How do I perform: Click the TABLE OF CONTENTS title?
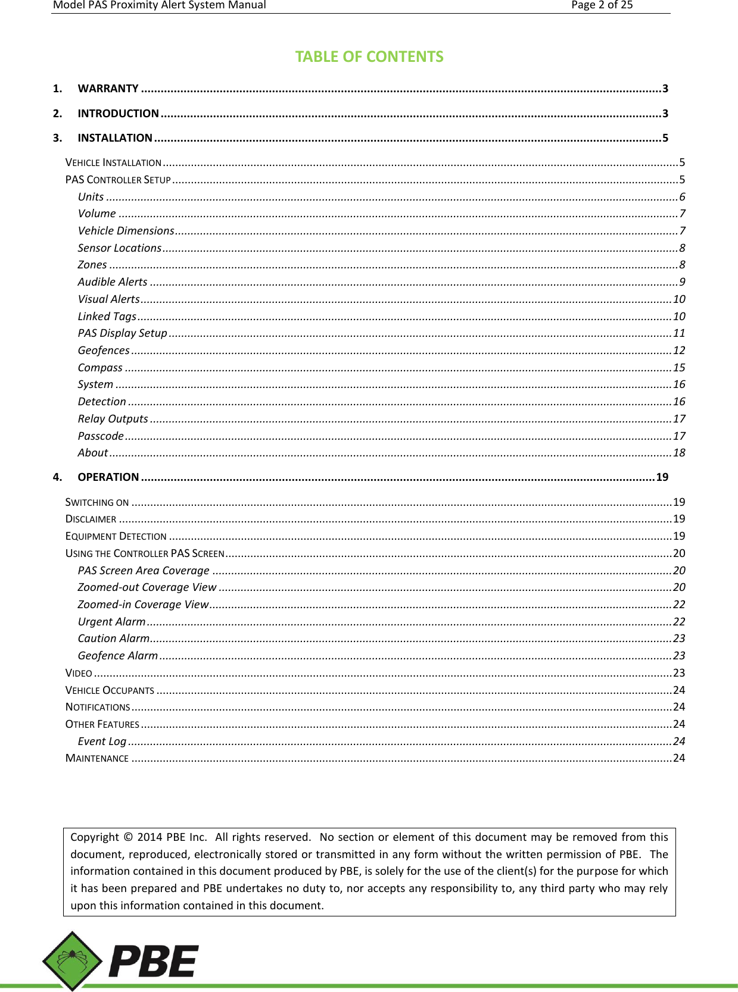click(x=369, y=57)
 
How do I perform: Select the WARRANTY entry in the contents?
click(x=108, y=89)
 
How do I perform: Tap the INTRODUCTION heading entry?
click(x=118, y=114)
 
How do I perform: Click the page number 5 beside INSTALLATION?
click(x=665, y=138)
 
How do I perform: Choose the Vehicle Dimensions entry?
click(x=126, y=231)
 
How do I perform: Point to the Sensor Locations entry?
click(x=119, y=248)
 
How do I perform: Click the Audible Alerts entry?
click(x=113, y=282)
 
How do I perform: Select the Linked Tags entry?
click(x=107, y=317)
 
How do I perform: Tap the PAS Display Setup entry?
click(x=122, y=333)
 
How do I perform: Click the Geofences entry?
click(x=104, y=351)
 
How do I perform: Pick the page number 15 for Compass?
click(x=679, y=368)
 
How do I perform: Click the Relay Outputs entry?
click(x=113, y=419)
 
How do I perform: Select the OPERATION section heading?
click(x=108, y=477)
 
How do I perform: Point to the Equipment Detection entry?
click(x=116, y=536)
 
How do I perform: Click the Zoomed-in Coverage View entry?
click(x=143, y=605)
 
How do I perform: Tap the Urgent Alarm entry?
click(x=111, y=622)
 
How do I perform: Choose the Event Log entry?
click(x=102, y=741)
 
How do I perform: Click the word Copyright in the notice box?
click(x=94, y=837)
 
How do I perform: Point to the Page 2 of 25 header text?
click(x=602, y=5)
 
